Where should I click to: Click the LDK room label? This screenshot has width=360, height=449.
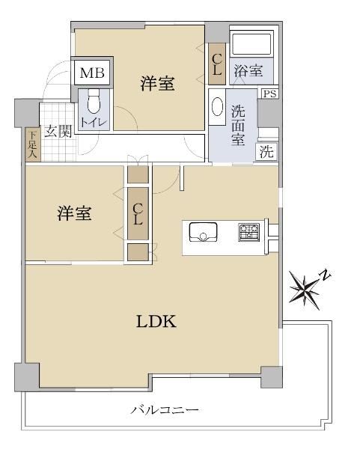pyautogui.click(x=156, y=321)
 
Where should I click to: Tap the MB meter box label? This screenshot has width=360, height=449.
pyautogui.click(x=92, y=73)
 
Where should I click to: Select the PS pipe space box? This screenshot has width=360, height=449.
pyautogui.click(x=269, y=94)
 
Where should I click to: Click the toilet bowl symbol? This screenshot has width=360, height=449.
pyautogui.click(x=94, y=102)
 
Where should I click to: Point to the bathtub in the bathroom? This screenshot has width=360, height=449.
pyautogui.click(x=251, y=44)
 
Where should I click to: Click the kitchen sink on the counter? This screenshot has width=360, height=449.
pyautogui.click(x=203, y=232)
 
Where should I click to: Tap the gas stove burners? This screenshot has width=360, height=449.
pyautogui.click(x=249, y=232)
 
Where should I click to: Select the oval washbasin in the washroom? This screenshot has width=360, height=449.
pyautogui.click(x=217, y=106)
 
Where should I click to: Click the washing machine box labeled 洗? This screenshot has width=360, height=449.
pyautogui.click(x=266, y=151)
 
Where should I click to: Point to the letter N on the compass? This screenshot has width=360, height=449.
pyautogui.click(x=325, y=275)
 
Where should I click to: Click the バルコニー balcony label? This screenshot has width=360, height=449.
pyautogui.click(x=165, y=410)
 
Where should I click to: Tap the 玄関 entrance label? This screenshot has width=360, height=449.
pyautogui.click(x=58, y=132)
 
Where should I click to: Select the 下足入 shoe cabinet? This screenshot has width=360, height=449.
pyautogui.click(x=33, y=144)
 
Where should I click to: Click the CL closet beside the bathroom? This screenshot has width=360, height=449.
pyautogui.click(x=217, y=64)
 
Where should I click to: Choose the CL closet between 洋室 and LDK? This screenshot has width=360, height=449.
pyautogui.click(x=138, y=213)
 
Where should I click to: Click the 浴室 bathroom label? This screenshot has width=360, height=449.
pyautogui.click(x=248, y=70)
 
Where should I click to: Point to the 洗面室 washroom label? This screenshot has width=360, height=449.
pyautogui.click(x=238, y=126)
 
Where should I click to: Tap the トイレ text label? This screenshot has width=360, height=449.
pyautogui.click(x=94, y=123)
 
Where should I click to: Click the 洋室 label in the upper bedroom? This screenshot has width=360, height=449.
pyautogui.click(x=157, y=84)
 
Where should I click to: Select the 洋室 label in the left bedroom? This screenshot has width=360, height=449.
pyautogui.click(x=74, y=213)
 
